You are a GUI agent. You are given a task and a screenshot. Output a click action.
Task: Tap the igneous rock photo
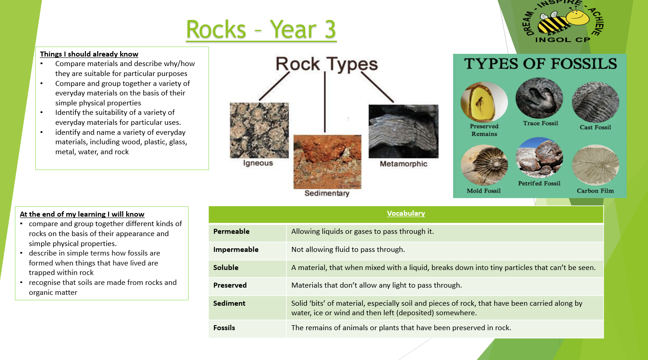[259, 130]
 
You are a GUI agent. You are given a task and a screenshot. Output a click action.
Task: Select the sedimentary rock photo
[327, 162]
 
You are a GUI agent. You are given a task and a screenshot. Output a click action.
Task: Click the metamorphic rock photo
[403, 132]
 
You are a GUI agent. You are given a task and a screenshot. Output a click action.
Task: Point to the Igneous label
[258, 163]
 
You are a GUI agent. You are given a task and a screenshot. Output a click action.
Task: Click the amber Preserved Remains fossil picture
[484, 102]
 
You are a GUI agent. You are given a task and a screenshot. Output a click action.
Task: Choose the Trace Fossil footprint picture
[539, 98]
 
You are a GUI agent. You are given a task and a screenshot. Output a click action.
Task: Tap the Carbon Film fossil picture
[596, 165]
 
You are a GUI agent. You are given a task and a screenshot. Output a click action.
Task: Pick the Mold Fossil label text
[483, 191]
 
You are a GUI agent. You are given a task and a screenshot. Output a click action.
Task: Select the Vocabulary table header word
[406, 213]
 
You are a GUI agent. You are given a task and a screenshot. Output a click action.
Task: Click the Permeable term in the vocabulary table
[231, 232]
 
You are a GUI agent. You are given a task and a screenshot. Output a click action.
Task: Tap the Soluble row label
[226, 268]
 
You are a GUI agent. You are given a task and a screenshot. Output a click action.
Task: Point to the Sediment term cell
[229, 303]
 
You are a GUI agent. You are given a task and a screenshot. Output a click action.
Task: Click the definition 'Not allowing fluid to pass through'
[348, 250]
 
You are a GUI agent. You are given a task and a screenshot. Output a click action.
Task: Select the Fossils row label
[224, 328]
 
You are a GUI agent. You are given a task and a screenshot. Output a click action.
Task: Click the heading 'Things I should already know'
[89, 54]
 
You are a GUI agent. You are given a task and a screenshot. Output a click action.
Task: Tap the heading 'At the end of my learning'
[82, 214]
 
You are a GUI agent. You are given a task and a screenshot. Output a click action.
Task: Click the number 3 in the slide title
[330, 29]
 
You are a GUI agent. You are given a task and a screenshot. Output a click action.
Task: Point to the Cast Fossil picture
[596, 102]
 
